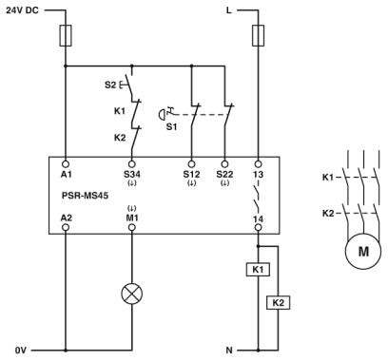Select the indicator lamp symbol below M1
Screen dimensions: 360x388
click(131, 293)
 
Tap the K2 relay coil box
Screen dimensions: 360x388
click(278, 302)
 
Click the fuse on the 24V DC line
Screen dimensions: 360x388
click(65, 37)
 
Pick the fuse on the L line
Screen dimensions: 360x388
click(259, 37)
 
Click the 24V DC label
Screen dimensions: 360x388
click(23, 10)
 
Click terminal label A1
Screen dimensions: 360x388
click(66, 174)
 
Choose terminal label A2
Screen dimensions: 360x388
click(66, 217)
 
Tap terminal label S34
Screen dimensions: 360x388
click(131, 174)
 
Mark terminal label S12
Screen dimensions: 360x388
click(192, 174)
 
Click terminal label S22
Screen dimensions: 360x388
click(225, 174)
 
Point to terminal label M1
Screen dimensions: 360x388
click(131, 218)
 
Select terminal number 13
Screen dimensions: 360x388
click(259, 174)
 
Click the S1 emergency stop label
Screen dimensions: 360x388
click(171, 124)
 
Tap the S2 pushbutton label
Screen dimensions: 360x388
click(110, 85)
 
